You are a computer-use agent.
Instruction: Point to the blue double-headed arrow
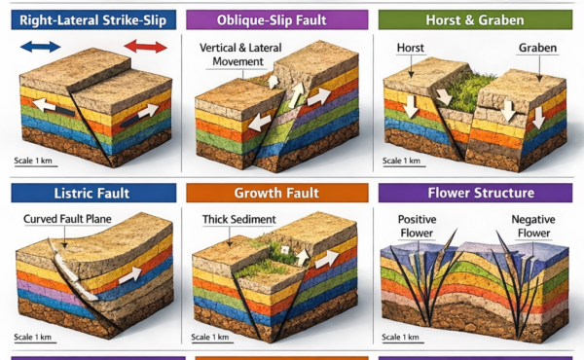40,46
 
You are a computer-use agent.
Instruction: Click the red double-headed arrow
145,46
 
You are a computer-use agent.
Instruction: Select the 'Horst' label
410,47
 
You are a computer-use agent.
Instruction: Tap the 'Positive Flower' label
418,224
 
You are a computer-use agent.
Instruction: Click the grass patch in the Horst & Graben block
472,92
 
